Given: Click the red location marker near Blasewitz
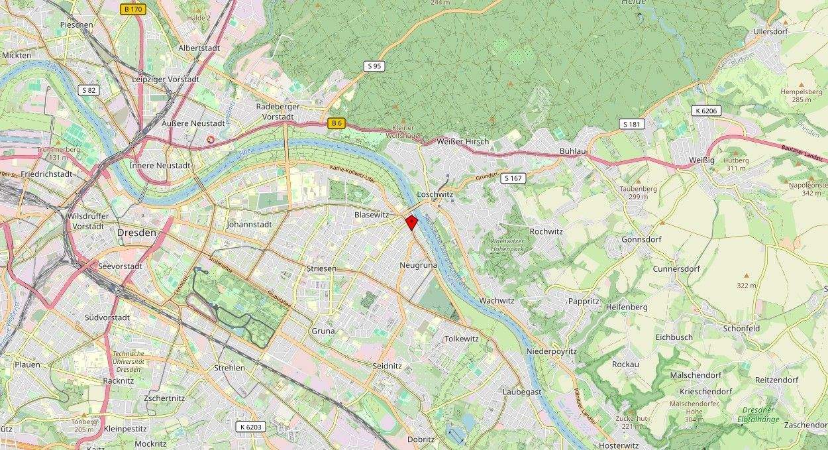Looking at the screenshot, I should click(x=411, y=222).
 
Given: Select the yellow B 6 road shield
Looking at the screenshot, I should click(x=336, y=123).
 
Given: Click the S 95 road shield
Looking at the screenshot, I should click(x=374, y=66).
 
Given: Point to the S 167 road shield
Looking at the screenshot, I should click(x=513, y=178).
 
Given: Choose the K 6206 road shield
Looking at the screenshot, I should click(x=707, y=111).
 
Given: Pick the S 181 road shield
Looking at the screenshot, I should click(x=632, y=124).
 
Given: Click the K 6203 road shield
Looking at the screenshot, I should click(x=252, y=427).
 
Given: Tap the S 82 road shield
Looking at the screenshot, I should click(x=87, y=89).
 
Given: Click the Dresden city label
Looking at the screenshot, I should click(x=136, y=233).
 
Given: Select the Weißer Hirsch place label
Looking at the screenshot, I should click(x=463, y=141).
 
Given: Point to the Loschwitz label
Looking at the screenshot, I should click(x=435, y=195).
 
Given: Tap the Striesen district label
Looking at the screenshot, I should click(x=321, y=268).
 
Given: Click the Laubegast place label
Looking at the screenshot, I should click(x=522, y=392).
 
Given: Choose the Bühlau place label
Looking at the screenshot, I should click(x=573, y=152).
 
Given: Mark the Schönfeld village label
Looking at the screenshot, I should click(x=741, y=328).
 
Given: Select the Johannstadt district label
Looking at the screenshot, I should click(x=249, y=225).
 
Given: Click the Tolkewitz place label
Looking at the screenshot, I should click(x=462, y=339).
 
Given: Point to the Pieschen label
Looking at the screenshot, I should click(x=77, y=25).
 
